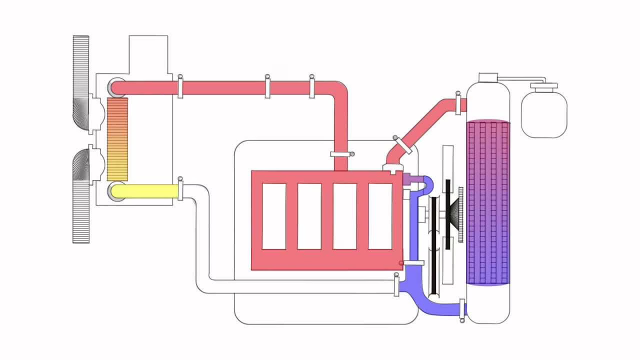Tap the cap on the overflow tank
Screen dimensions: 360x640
click(x=544, y=86)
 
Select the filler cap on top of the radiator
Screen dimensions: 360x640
click(x=488, y=77)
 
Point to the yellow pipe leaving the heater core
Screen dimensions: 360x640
click(x=145, y=191)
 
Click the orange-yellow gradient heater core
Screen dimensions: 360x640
click(x=117, y=139)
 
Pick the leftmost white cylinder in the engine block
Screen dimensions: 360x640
click(x=274, y=216)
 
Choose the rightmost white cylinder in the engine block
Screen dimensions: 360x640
click(x=380, y=216)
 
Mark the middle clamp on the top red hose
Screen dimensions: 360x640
click(x=267, y=86)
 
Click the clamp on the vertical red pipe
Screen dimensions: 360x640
click(x=342, y=154)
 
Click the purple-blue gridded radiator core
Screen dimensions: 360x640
click(x=487, y=202)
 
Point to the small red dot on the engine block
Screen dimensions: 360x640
click(x=401, y=263)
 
